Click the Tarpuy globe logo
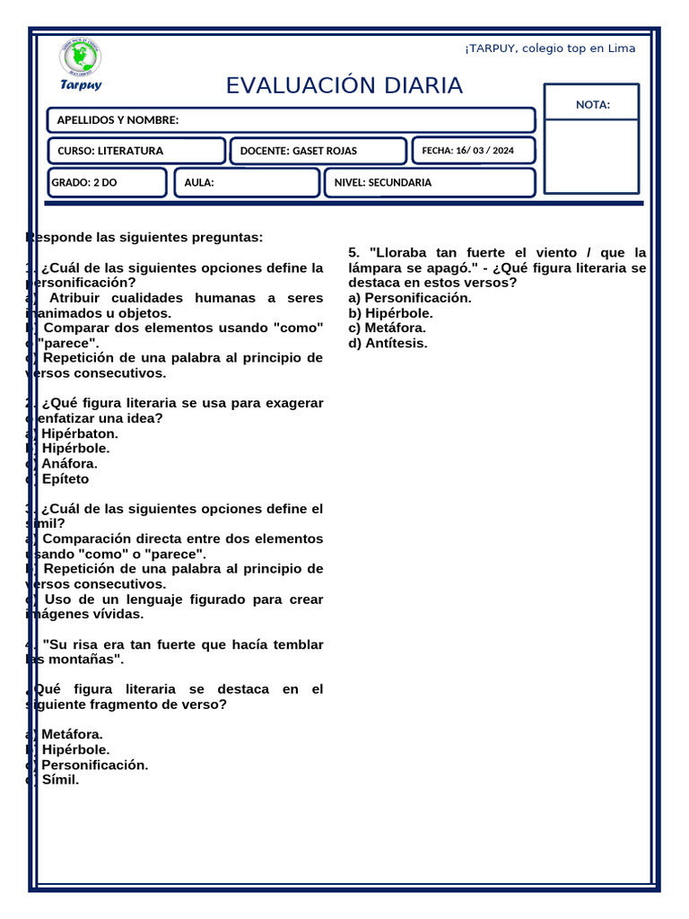tap(81, 58)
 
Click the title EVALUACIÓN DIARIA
tap(344, 86)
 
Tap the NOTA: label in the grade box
tap(592, 105)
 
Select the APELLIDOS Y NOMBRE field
tap(291, 120)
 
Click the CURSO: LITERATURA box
tap(135, 151)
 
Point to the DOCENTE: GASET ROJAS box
tap(318, 151)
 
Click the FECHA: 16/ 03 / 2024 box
tap(473, 151)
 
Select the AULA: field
tap(246, 182)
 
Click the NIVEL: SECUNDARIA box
tap(429, 182)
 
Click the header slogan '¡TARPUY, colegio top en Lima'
tap(550, 48)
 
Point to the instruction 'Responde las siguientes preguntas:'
tap(145, 238)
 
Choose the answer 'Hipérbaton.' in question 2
tap(79, 433)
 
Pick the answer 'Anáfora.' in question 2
tap(69, 464)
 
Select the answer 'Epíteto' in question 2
tap(65, 479)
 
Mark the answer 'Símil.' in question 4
tap(60, 780)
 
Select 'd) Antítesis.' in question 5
tap(388, 343)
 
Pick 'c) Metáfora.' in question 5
tap(388, 328)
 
